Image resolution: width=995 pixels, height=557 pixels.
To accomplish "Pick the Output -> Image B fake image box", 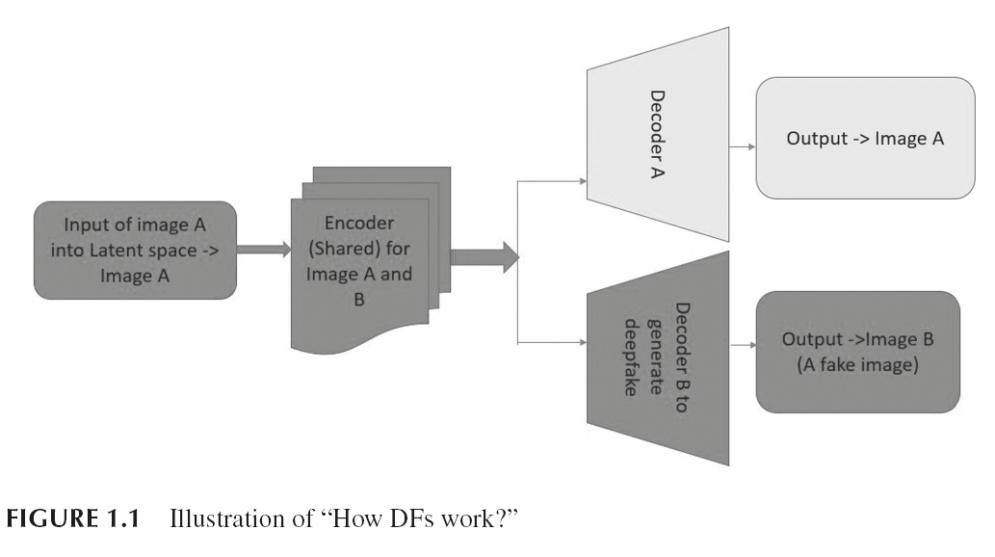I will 858,352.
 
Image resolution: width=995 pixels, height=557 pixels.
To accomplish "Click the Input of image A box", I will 135,251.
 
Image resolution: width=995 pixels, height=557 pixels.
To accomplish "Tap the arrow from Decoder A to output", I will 743,147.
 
